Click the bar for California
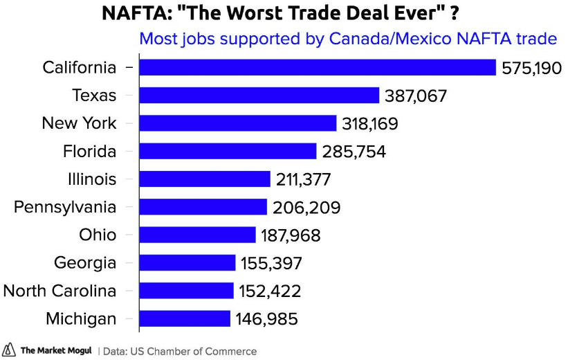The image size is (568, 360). tap(318, 67)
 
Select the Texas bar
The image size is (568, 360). tap(259, 96)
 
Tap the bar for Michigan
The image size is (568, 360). tap(185, 318)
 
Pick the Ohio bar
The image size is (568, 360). tap(197, 235)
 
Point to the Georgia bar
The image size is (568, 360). tap(187, 263)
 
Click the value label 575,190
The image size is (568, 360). tap(531, 68)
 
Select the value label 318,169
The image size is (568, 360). tap(370, 124)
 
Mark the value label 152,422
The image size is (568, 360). tap(270, 291)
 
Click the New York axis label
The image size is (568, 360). tap(79, 123)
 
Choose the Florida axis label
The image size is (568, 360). tap(89, 151)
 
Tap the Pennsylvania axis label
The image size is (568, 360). tap(65, 207)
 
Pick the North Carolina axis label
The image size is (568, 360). tap(59, 291)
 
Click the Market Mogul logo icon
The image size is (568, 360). tap(9, 350)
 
